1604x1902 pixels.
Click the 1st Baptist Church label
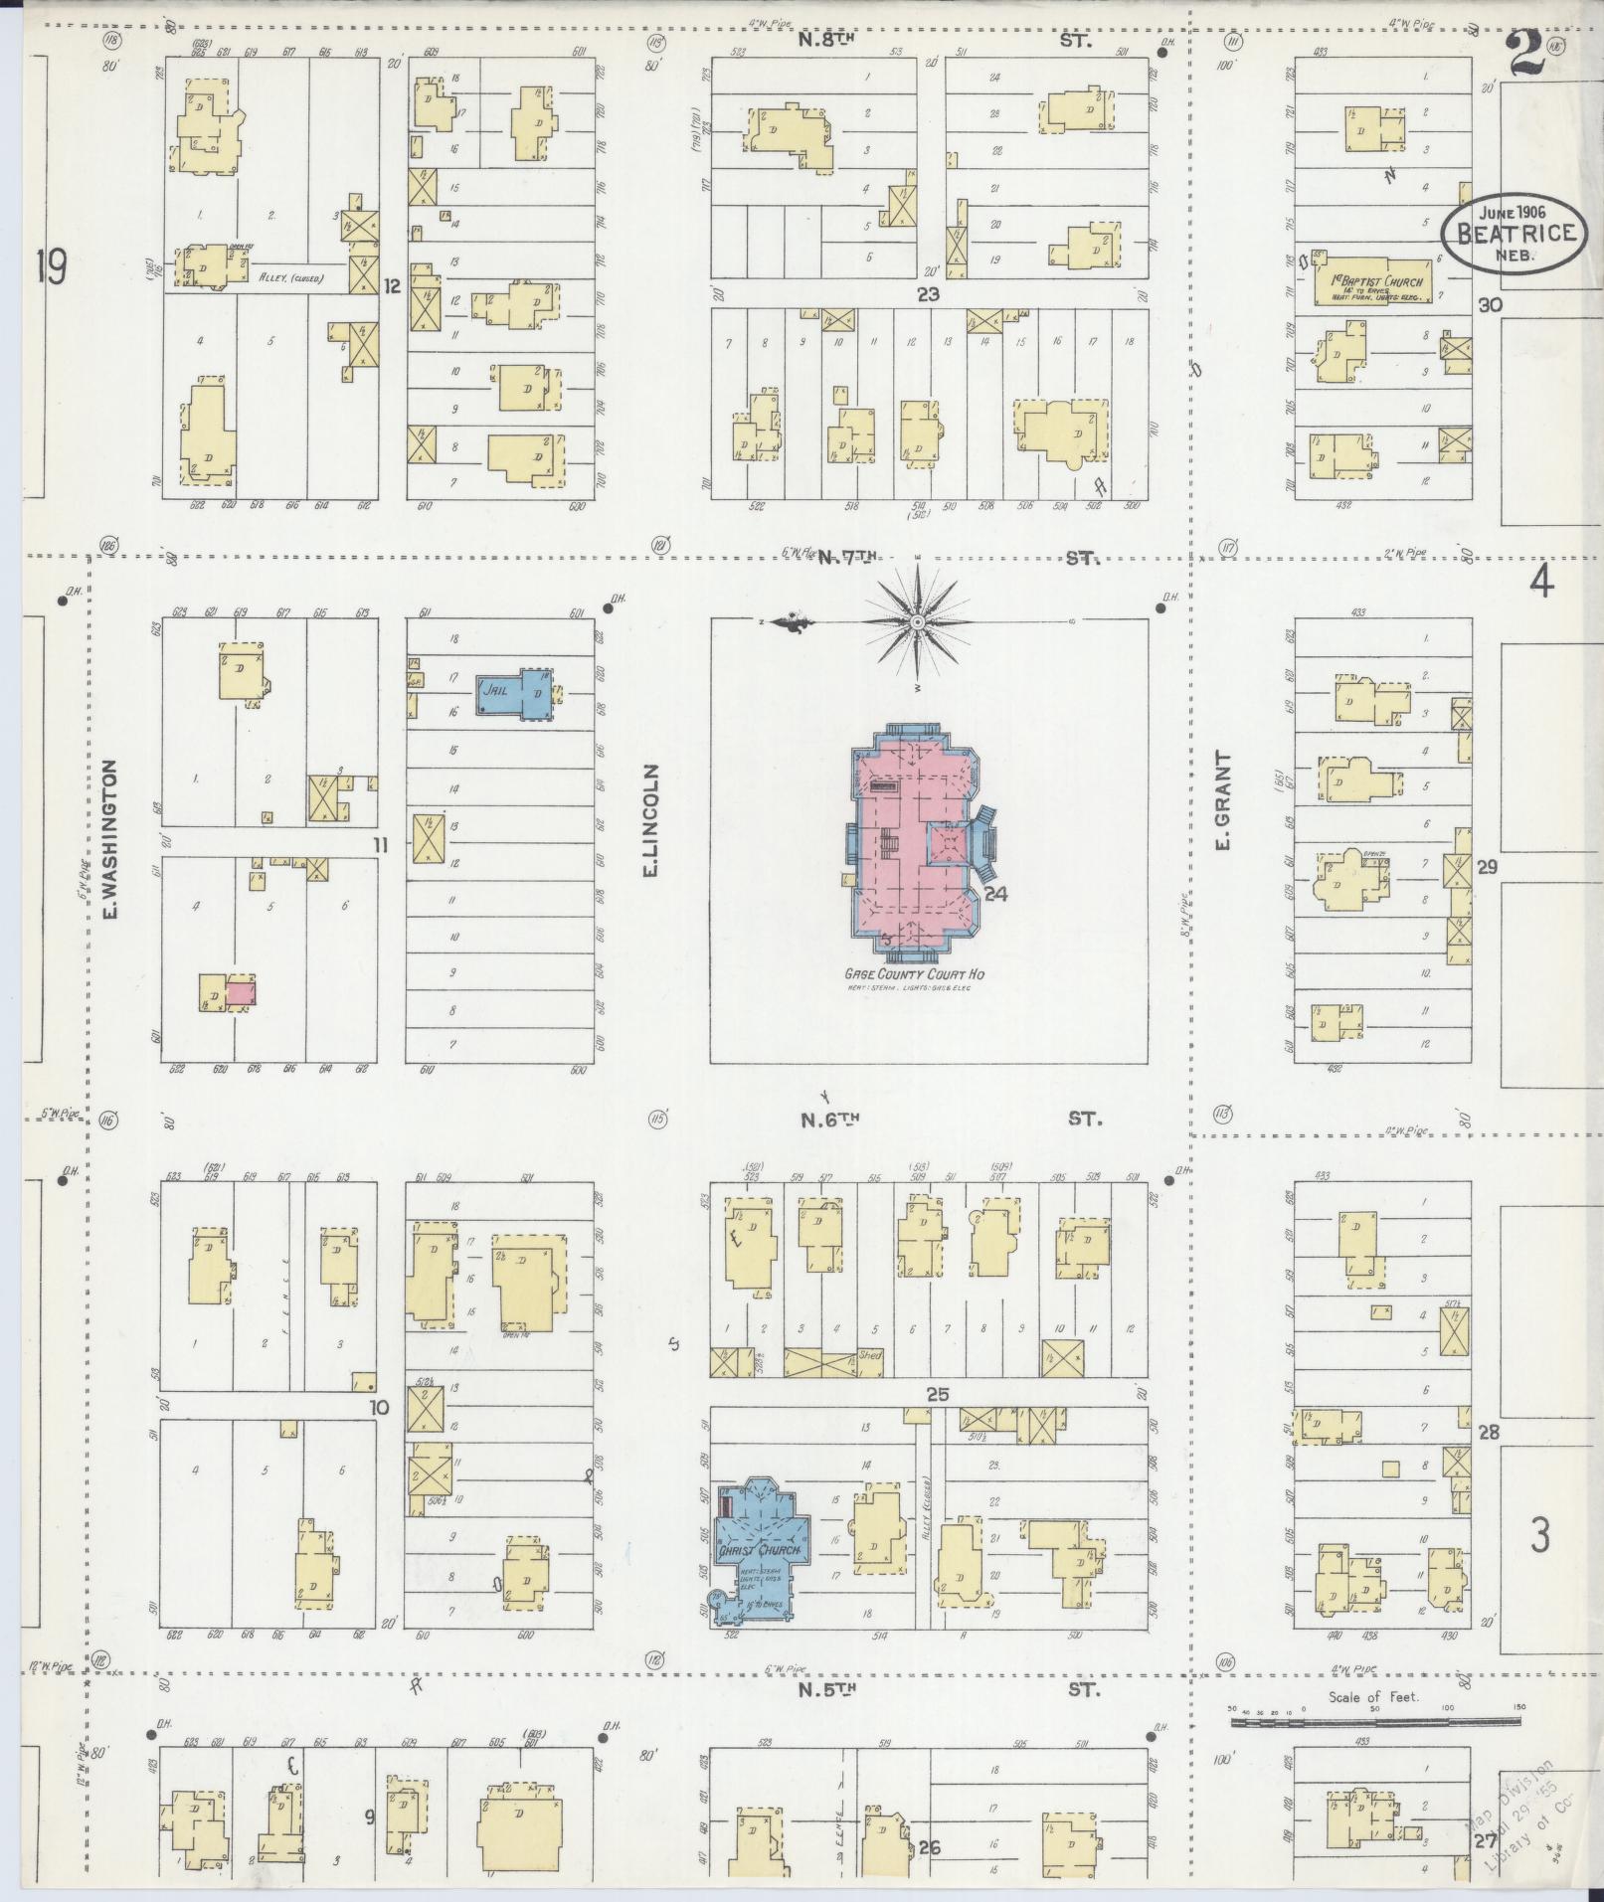click(1377, 281)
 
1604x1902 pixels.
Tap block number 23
click(928, 294)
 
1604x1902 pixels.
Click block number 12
click(392, 286)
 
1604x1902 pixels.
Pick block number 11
click(380, 846)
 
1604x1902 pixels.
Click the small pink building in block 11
click(240, 992)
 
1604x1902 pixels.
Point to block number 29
click(1487, 867)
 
